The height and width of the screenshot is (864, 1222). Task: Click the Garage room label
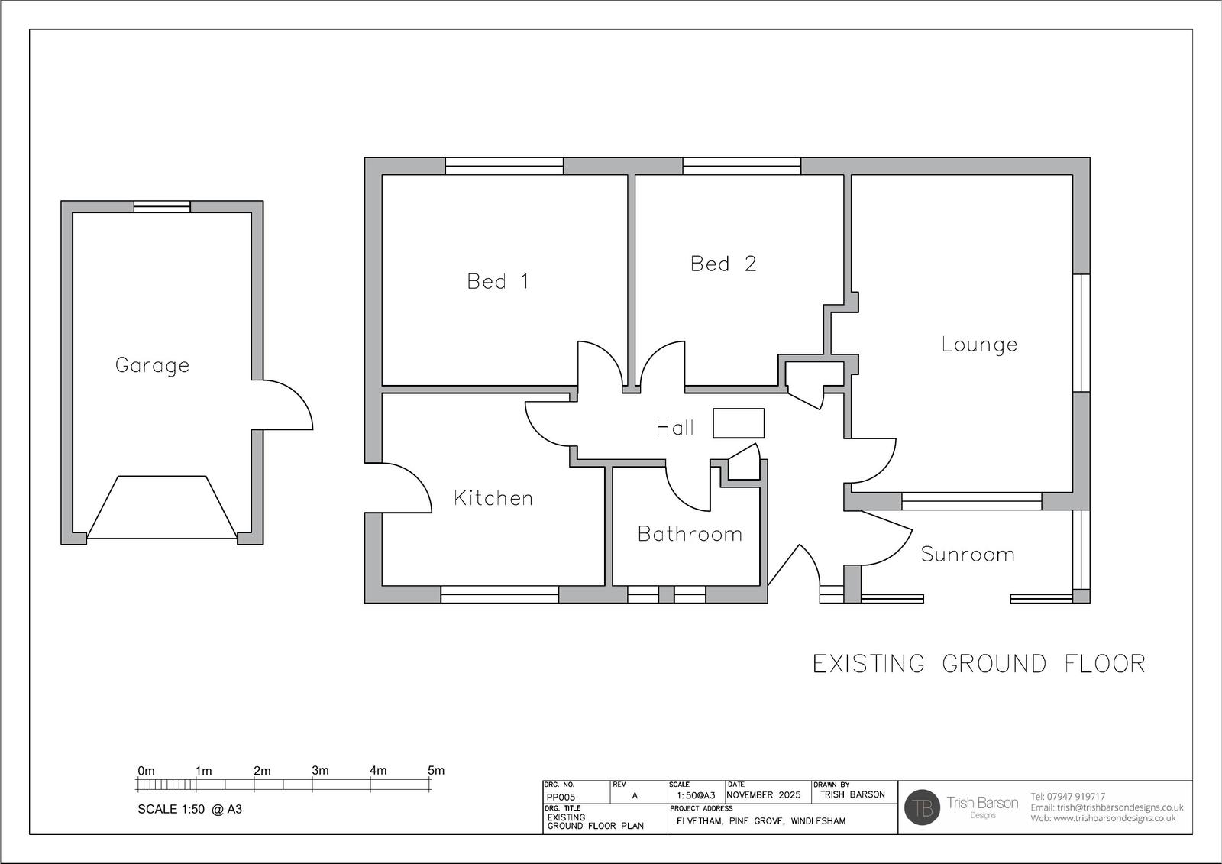pyautogui.click(x=152, y=366)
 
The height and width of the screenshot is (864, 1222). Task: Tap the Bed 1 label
pyautogui.click(x=498, y=282)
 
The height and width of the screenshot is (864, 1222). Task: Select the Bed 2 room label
pyautogui.click(x=723, y=264)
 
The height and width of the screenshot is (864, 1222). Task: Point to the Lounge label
pyautogui.click(x=979, y=345)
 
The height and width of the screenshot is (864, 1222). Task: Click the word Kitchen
pyautogui.click(x=493, y=498)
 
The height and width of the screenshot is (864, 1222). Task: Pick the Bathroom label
pyautogui.click(x=690, y=534)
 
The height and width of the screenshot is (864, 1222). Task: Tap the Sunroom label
pyautogui.click(x=968, y=555)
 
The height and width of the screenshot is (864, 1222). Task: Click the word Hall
pyautogui.click(x=675, y=428)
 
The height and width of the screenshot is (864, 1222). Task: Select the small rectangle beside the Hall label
pyautogui.click(x=739, y=423)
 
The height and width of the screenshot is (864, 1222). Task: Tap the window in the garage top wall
pyautogui.click(x=162, y=206)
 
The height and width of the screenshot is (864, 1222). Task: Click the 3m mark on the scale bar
pyautogui.click(x=312, y=785)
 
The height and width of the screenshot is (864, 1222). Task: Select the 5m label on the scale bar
pyautogui.click(x=436, y=770)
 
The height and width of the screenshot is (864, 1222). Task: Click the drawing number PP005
pyautogui.click(x=561, y=798)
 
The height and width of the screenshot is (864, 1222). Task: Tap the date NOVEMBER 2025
pyautogui.click(x=764, y=794)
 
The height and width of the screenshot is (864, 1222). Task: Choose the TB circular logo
pyautogui.click(x=922, y=807)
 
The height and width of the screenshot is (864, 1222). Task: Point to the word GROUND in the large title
pyautogui.click(x=994, y=664)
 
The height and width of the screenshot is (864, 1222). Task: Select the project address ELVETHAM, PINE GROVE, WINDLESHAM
pyautogui.click(x=761, y=821)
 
